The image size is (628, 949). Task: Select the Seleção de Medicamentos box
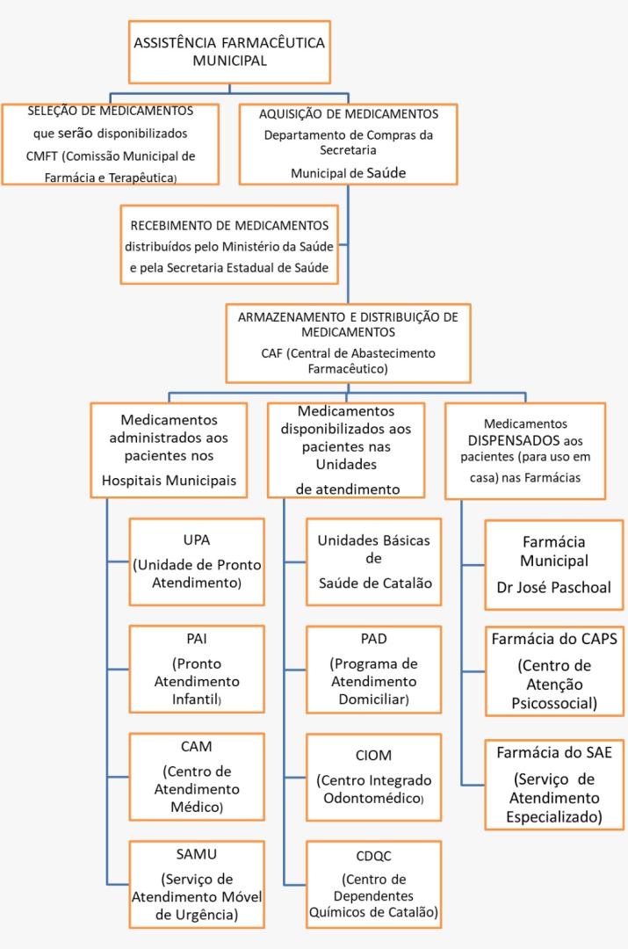[x=110, y=143]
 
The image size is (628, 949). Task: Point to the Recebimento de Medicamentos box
[x=230, y=245]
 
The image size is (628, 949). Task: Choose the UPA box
[x=197, y=561]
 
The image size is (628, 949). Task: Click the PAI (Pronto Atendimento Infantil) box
[x=197, y=670]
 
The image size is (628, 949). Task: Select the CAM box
[x=197, y=776]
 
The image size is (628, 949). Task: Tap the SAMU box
[x=197, y=883]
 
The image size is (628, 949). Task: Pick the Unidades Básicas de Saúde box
[x=373, y=561]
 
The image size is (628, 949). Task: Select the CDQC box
[x=373, y=883]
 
